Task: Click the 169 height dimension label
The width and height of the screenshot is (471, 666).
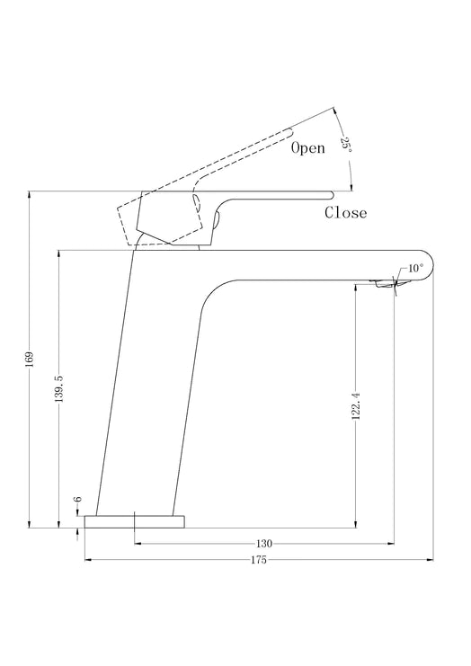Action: pos(29,359)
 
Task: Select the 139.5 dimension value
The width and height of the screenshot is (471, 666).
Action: pos(59,388)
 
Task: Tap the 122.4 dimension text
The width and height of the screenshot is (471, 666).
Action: pos(356,406)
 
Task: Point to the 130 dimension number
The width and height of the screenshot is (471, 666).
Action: pos(264,543)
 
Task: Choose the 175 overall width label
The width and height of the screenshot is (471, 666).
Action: pos(259,560)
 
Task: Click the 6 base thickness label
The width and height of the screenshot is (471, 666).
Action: pos(77,499)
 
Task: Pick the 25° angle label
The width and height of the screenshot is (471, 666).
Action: pos(347,145)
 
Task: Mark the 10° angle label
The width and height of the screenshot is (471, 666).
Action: pos(416,269)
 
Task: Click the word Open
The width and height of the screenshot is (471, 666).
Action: pos(308,147)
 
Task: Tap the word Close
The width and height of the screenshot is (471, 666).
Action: pos(346,212)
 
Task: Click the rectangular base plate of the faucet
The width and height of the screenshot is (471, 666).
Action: pos(135,522)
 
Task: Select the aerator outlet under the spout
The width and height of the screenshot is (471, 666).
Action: pos(385,284)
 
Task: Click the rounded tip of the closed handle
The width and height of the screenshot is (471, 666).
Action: pos(332,195)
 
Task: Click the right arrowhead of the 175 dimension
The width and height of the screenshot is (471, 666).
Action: pos(431,560)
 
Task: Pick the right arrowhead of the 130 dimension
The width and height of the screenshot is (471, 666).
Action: pos(391,543)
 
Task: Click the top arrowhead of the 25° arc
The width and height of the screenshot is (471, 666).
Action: pos(334,111)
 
